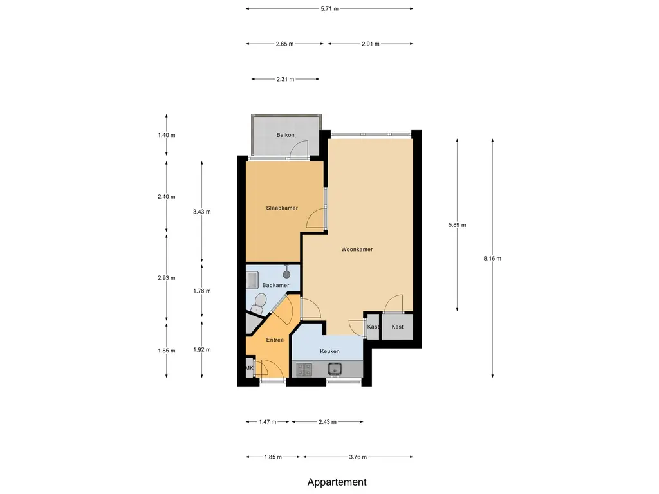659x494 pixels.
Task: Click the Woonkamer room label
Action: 357,249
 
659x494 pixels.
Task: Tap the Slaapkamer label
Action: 282,208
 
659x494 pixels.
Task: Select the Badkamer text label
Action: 275,285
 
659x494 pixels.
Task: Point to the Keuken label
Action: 329,351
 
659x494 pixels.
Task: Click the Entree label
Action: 275,340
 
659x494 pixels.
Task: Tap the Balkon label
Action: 285,135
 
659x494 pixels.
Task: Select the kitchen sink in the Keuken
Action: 335,369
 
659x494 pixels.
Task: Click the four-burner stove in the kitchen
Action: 304,369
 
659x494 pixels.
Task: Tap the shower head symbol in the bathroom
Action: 286,274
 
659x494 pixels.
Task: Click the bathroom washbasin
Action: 252,280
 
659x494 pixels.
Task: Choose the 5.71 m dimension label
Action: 329,8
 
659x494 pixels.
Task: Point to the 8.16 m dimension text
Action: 492,259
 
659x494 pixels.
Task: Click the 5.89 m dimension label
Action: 458,224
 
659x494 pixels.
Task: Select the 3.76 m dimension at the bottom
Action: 358,457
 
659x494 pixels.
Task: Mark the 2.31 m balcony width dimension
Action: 285,79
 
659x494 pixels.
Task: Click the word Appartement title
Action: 337,482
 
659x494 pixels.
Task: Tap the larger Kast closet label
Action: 398,327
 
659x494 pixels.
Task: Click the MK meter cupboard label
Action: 250,368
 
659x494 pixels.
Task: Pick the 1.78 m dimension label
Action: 201,291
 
